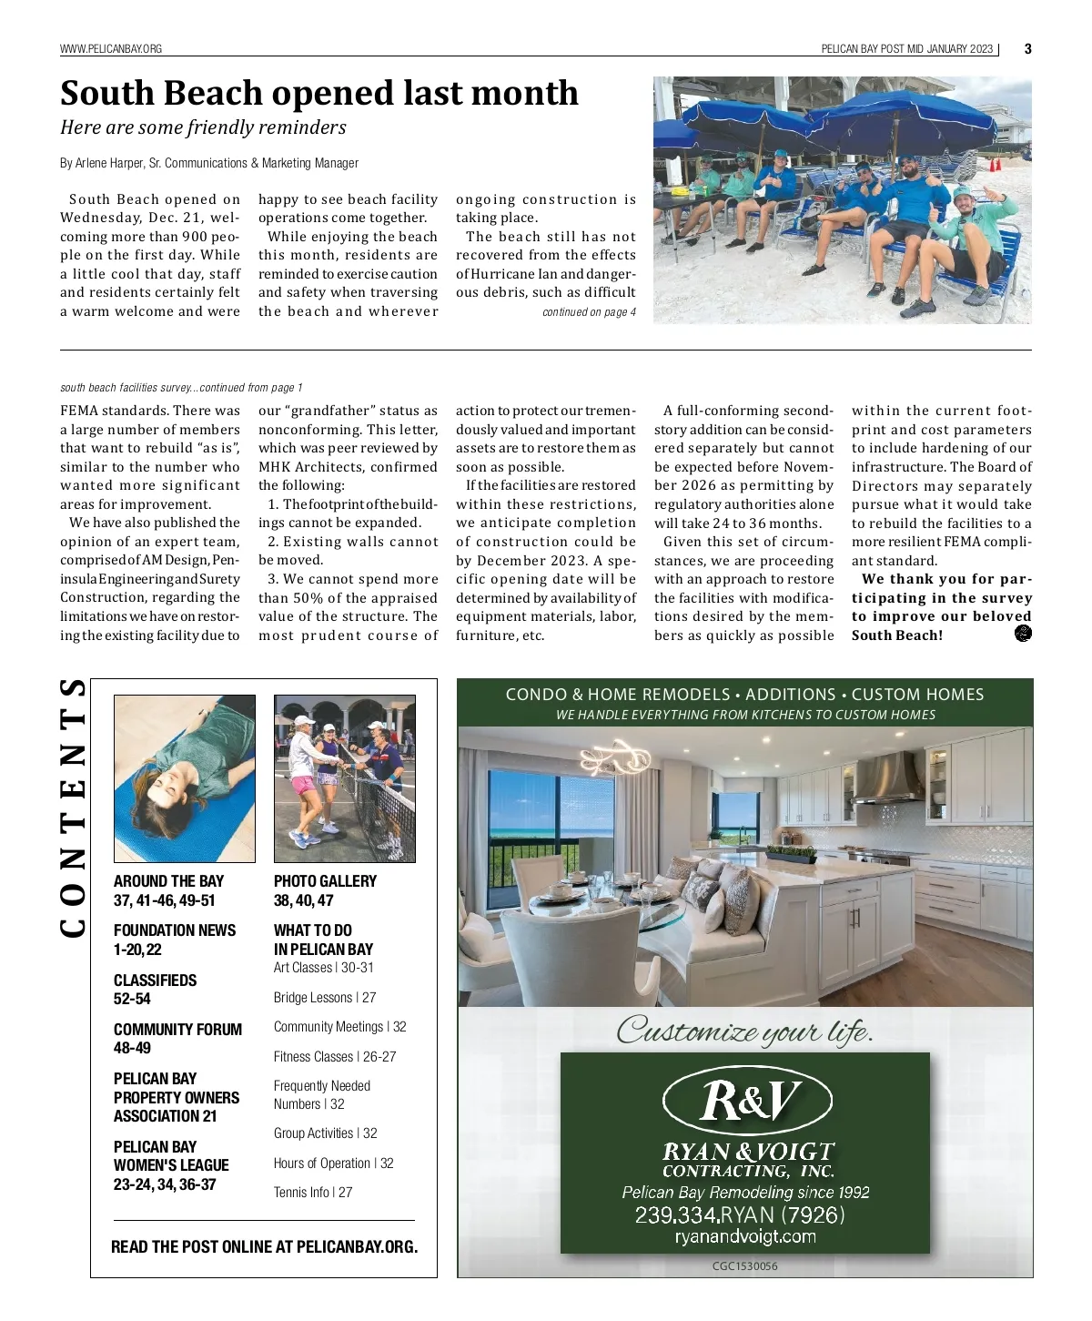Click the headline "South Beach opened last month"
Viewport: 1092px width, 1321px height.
pos(318,93)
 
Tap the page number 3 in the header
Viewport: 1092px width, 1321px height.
pos(1027,49)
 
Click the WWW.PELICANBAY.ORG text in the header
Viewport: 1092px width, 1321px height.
pos(111,49)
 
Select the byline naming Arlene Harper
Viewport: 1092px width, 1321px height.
pos(209,163)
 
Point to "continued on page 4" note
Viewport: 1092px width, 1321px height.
pos(589,312)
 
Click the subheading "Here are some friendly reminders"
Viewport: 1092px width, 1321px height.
pos(203,127)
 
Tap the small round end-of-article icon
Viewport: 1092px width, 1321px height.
pos(1022,635)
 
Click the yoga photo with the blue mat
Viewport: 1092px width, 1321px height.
pos(185,778)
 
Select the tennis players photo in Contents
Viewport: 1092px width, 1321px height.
pos(344,778)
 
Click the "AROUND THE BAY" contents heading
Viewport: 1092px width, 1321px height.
pos(168,881)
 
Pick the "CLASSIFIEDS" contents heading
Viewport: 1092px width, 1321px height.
pos(155,981)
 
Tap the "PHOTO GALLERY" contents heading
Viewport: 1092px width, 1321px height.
pos(325,881)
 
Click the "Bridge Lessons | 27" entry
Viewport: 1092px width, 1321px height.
pos(324,998)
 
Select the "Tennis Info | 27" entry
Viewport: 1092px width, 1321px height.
pos(312,1193)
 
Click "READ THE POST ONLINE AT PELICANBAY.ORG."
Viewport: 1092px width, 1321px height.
pos(264,1247)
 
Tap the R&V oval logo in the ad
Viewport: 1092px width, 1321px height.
pos(746,1101)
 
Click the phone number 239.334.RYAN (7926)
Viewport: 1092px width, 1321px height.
pos(739,1215)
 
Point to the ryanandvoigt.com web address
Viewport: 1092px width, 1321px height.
pos(744,1236)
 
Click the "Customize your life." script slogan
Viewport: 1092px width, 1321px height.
pos(744,1031)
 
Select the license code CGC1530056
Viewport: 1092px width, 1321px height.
pos(744,1266)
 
